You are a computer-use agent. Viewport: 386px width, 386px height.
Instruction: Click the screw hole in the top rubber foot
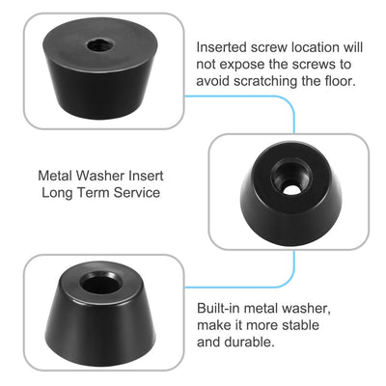tap(100, 46)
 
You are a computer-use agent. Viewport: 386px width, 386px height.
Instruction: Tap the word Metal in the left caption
tap(55, 177)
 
